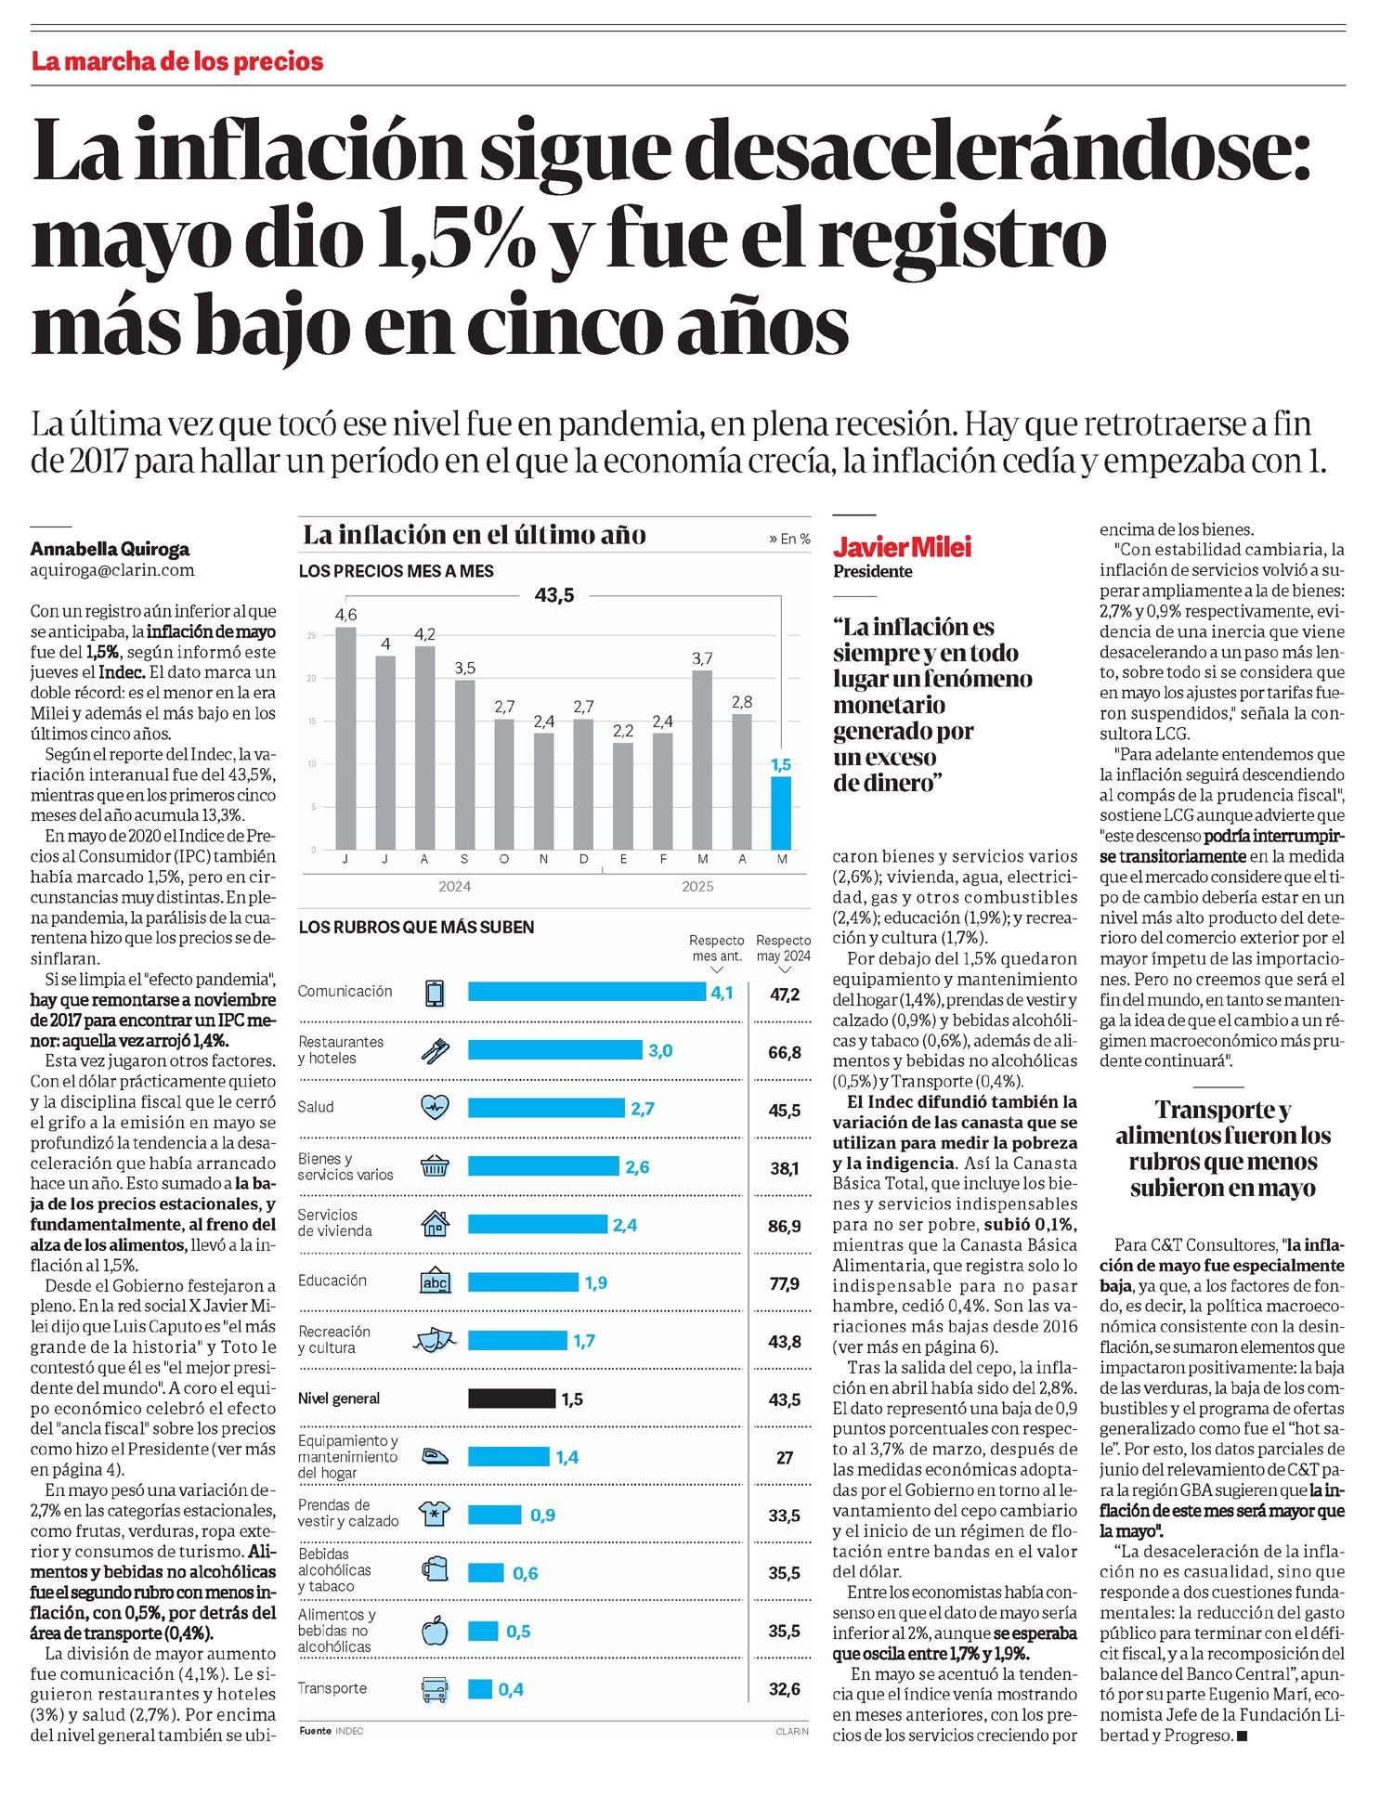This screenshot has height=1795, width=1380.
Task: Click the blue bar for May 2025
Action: (781, 813)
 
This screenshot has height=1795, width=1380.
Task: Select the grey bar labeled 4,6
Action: (345, 738)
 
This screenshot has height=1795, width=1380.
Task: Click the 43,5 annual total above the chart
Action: (554, 595)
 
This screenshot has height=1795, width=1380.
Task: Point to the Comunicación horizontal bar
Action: (586, 993)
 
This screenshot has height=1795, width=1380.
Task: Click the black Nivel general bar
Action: (511, 1398)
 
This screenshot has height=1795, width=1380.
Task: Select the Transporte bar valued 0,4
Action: (480, 1689)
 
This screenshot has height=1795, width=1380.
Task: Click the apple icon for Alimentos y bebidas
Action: (435, 1631)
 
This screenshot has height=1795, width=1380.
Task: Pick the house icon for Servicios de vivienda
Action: (435, 1225)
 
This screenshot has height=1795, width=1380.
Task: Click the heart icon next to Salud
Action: (435, 1108)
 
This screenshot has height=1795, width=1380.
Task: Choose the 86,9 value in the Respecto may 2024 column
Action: (785, 1227)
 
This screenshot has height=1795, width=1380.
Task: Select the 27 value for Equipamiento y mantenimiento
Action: (785, 1458)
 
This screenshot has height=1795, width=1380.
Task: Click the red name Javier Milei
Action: (902, 547)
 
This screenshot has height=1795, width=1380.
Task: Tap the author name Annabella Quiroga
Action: (110, 549)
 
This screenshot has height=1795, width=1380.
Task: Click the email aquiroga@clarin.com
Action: (112, 570)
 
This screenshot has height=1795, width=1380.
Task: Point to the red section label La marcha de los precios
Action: (177, 62)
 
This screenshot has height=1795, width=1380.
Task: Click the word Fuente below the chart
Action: (315, 1731)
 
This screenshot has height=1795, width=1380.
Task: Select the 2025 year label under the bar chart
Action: (697, 887)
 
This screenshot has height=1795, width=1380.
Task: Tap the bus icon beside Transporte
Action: (435, 1689)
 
